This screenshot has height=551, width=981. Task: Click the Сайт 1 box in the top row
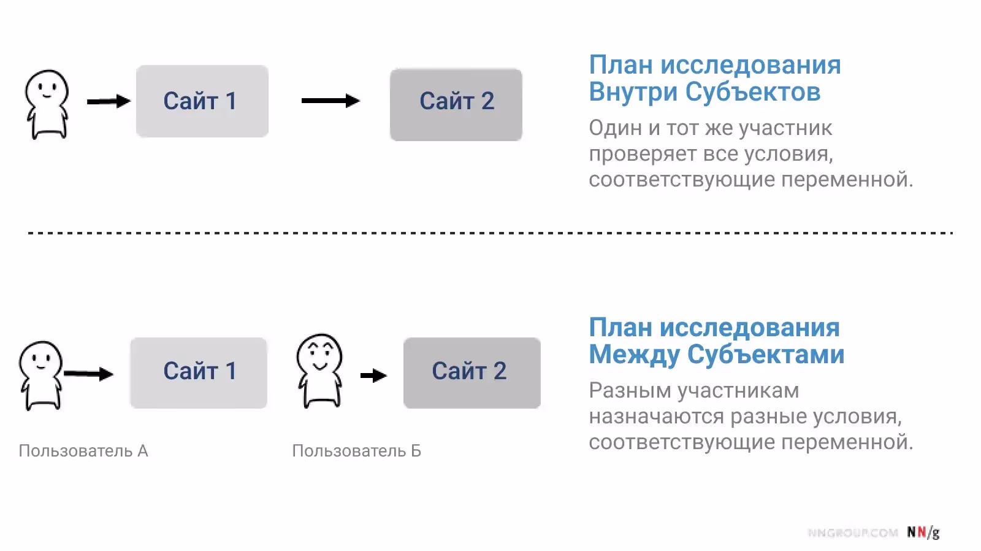tap(202, 101)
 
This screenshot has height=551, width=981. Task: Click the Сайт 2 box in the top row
tap(456, 104)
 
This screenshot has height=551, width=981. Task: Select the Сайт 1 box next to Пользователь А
tap(199, 372)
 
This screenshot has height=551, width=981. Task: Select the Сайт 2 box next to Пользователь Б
tap(471, 372)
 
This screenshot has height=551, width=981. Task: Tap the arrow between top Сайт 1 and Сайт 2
tap(330, 101)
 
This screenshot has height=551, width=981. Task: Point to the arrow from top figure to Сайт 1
tap(109, 101)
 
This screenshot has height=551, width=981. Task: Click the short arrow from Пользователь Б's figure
tap(373, 376)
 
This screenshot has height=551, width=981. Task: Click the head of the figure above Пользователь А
tap(40, 360)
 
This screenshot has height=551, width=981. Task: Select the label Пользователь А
tap(83, 451)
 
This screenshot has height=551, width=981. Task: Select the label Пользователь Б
tap(356, 451)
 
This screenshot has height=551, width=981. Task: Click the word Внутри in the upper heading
tap(633, 92)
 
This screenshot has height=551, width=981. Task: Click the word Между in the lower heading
tap(634, 355)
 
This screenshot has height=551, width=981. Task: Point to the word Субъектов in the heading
tap(753, 92)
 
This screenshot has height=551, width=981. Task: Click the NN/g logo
tap(923, 533)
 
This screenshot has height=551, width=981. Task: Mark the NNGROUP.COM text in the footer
tap(853, 533)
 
